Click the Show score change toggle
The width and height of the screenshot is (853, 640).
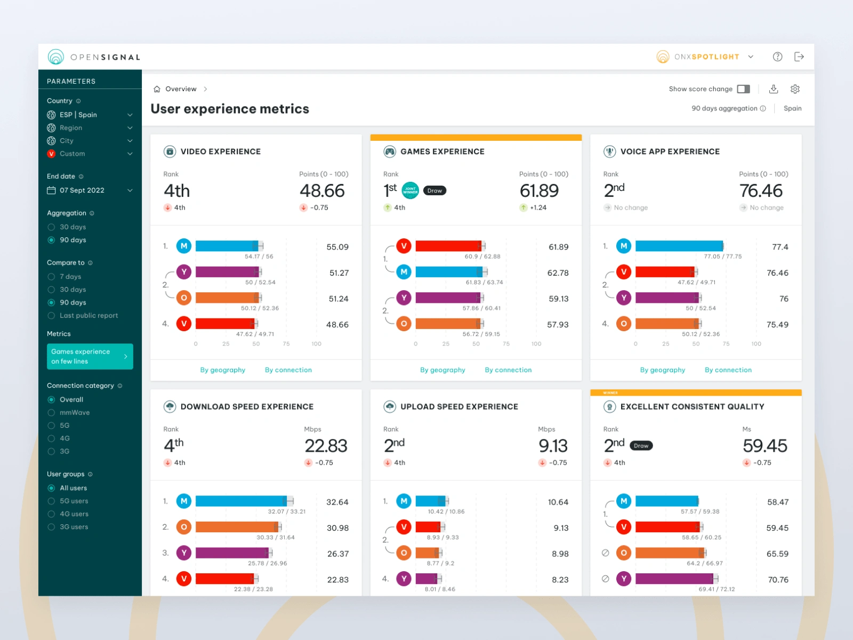(x=743, y=89)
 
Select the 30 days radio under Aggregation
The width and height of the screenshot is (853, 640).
(x=52, y=227)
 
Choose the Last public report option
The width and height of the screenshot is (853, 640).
(x=52, y=316)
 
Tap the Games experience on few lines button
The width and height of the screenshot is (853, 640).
(x=90, y=356)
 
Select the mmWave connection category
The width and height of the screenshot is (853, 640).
(x=52, y=413)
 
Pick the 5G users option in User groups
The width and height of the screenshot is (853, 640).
(x=52, y=501)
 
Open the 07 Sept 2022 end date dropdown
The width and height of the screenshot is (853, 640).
(x=90, y=190)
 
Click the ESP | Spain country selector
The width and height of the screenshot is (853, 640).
(x=90, y=115)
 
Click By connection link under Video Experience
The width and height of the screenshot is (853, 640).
(x=288, y=370)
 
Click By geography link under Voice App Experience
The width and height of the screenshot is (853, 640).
(x=662, y=370)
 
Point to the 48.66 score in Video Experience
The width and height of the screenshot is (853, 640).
(x=322, y=191)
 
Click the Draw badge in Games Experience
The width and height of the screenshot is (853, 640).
(x=434, y=191)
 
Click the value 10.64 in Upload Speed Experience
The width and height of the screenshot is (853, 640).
(x=558, y=502)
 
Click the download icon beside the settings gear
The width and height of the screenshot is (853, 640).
(x=774, y=89)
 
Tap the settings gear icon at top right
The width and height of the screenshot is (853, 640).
(x=795, y=89)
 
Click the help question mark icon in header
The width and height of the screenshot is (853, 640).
(x=777, y=57)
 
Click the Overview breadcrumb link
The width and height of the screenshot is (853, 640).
(x=181, y=89)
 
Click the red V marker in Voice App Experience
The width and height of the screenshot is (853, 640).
(x=624, y=272)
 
